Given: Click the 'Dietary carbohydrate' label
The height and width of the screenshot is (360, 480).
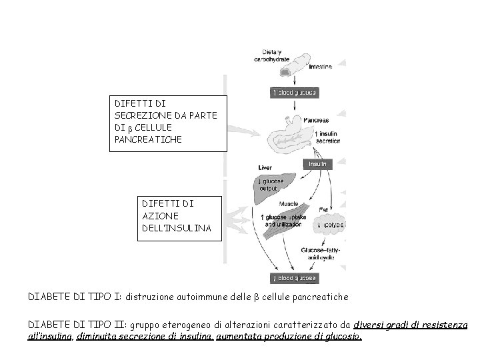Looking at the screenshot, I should (269, 55).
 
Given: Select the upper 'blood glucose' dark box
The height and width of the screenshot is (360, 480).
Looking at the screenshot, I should (293, 92).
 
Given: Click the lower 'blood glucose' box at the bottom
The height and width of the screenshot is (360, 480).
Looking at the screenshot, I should (293, 277).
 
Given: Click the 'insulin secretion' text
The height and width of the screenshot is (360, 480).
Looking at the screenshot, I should (326, 138).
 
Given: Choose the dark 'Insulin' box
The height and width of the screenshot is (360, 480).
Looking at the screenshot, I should (317, 163).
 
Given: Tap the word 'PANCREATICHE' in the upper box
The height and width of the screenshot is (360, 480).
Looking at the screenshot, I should (148, 141).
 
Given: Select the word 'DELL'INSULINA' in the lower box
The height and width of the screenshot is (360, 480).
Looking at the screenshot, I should (177, 228).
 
